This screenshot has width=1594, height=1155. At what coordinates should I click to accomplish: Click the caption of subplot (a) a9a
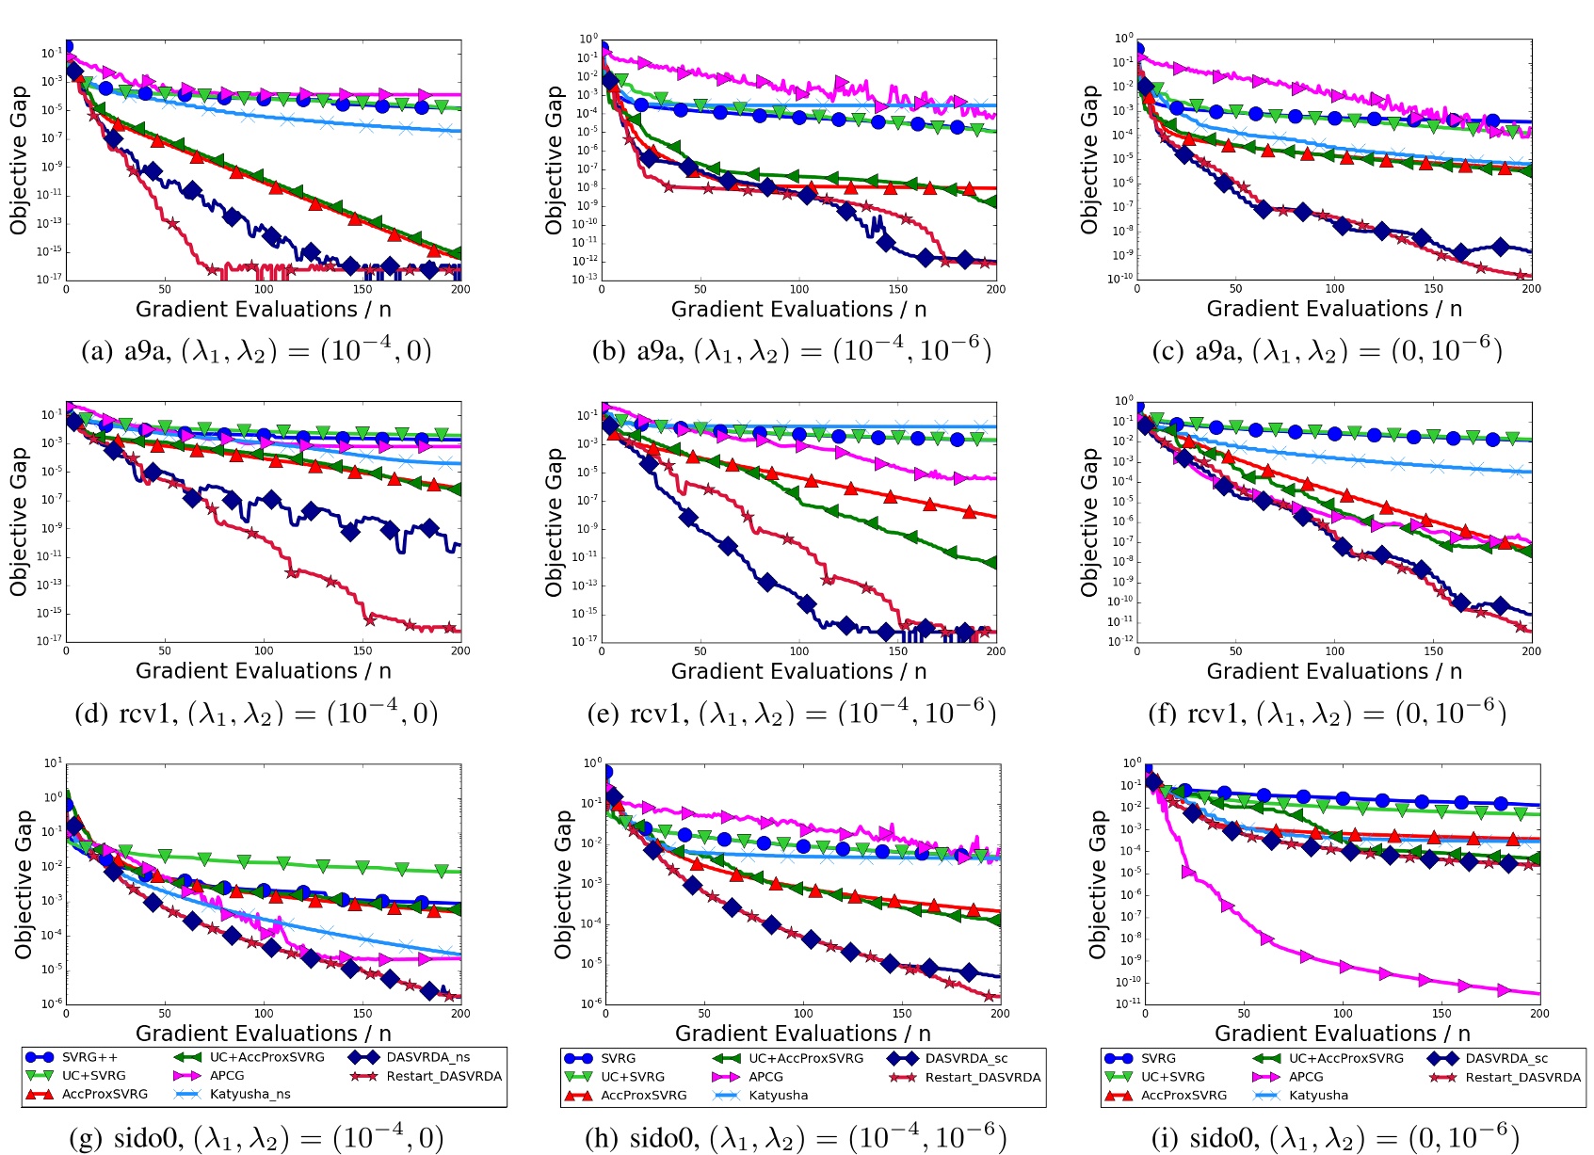tap(256, 351)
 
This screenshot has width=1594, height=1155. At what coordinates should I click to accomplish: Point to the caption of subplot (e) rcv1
tap(791, 714)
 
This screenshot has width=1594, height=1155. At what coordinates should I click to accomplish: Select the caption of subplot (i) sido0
tap(1335, 1138)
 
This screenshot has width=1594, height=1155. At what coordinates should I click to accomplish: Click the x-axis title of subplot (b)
tap(798, 310)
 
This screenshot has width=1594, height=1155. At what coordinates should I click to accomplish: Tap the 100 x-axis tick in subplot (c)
tap(1334, 289)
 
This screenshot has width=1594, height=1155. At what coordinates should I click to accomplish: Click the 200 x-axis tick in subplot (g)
tap(460, 1014)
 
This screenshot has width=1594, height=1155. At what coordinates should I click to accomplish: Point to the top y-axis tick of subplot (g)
tap(54, 763)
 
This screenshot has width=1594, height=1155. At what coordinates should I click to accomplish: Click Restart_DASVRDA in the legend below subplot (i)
tap(1522, 1077)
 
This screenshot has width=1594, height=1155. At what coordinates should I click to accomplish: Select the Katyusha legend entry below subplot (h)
tap(778, 1095)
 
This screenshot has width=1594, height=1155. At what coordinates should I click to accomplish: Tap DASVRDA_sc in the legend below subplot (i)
tap(1505, 1058)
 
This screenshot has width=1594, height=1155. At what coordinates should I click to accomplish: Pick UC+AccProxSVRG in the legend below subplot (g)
tap(266, 1057)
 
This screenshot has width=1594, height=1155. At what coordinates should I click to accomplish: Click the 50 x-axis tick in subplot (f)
tap(1235, 651)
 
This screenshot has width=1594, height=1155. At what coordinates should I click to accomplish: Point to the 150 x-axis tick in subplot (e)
tap(897, 651)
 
